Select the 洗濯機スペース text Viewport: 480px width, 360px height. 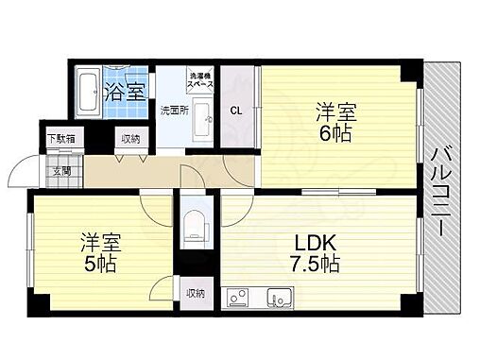coord(200,81)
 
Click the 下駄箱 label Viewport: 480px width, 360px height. coord(62,139)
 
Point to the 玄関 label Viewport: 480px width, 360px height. coord(62,171)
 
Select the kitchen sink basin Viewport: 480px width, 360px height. coord(281,300)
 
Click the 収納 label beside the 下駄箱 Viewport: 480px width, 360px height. coord(129,139)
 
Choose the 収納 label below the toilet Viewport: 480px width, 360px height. coord(195,293)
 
